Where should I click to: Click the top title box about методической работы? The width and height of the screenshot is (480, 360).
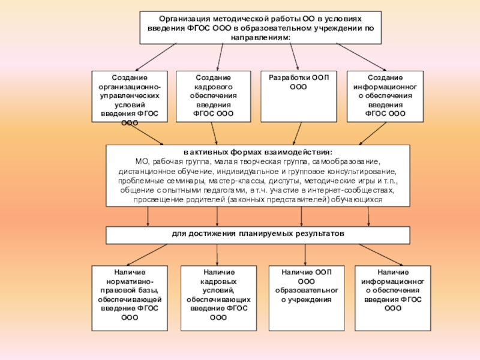(260, 28)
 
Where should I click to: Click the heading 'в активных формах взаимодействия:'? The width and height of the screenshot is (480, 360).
(258, 152)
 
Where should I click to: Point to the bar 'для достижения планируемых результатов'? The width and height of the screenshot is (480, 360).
(258, 235)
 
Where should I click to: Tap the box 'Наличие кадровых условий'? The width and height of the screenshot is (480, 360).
(218, 298)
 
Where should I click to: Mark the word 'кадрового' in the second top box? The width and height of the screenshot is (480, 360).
(214, 87)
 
